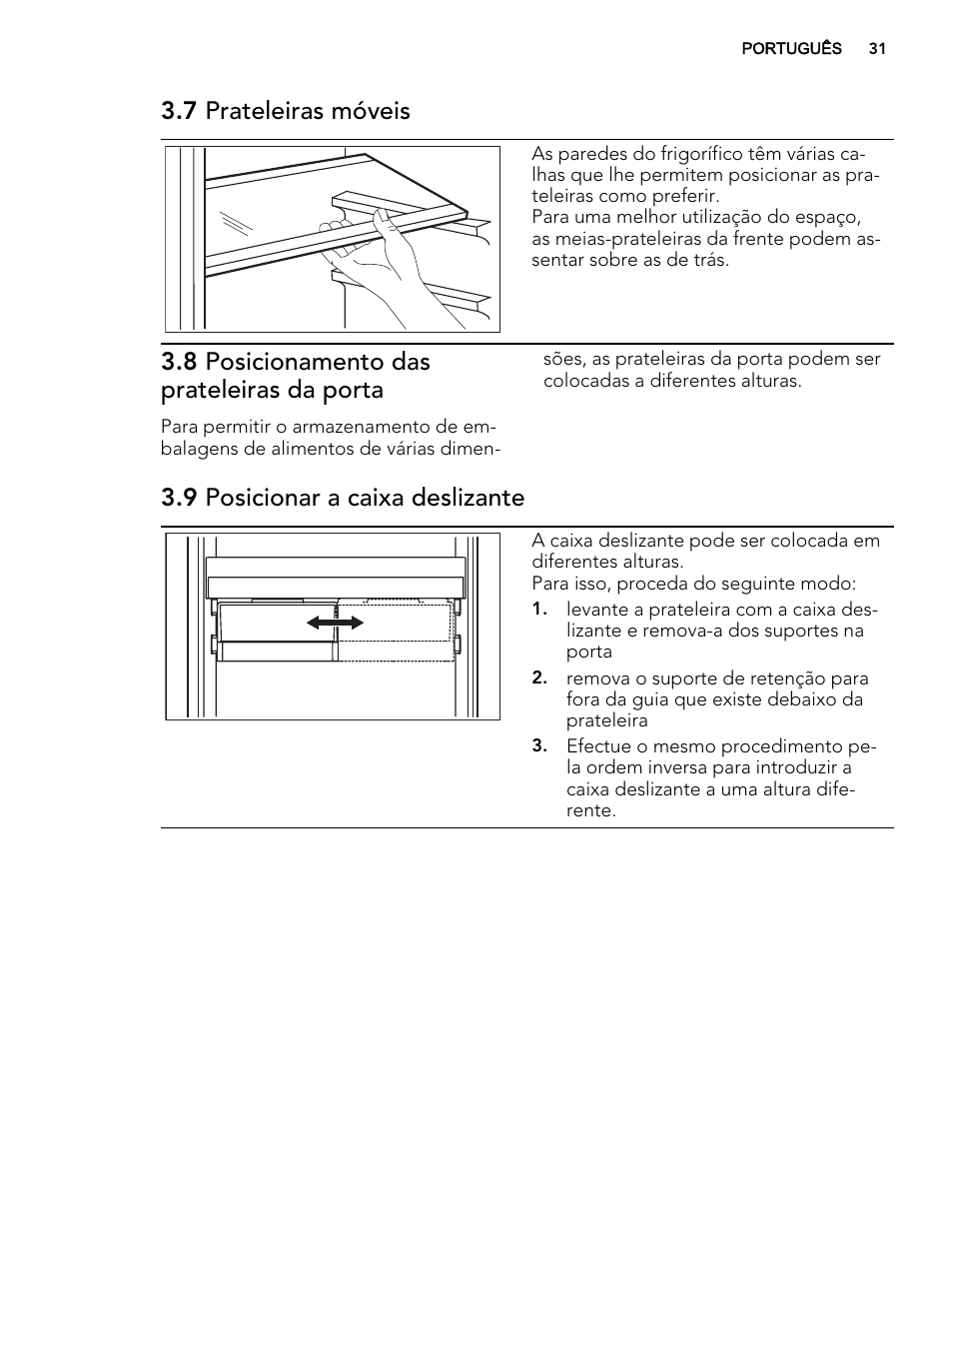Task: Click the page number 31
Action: (x=877, y=49)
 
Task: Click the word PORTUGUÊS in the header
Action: (x=791, y=49)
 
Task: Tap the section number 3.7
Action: (x=180, y=111)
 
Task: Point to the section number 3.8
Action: (x=180, y=362)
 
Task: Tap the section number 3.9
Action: (x=180, y=498)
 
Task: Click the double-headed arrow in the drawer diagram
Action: (x=336, y=623)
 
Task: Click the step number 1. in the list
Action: (x=539, y=610)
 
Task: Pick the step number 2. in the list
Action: (x=539, y=678)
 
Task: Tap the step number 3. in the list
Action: (x=539, y=746)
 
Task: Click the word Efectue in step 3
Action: (x=597, y=746)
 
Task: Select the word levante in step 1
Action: (x=596, y=610)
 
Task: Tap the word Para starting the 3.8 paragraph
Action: (x=180, y=428)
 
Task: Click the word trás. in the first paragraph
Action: (x=706, y=260)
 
